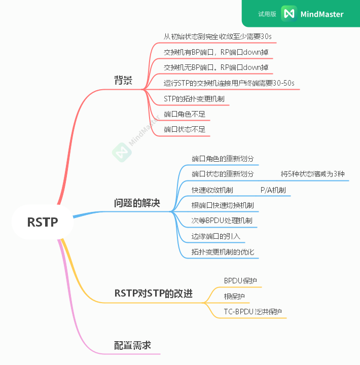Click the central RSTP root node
click(x=43, y=222)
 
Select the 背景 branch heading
click(x=123, y=81)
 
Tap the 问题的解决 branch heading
click(x=137, y=203)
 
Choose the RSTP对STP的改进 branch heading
click(x=154, y=293)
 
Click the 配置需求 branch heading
click(x=132, y=345)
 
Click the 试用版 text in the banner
click(x=267, y=14)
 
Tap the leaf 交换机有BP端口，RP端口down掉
click(x=216, y=52)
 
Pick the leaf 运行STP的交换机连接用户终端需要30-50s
click(x=229, y=83)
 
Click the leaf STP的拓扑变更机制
click(x=194, y=98)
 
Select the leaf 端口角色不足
click(x=185, y=114)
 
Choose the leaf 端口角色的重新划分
click(x=223, y=159)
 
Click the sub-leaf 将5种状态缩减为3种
click(x=312, y=174)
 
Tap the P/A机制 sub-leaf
click(x=273, y=190)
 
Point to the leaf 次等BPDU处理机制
click(x=222, y=221)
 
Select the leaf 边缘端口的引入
click(x=215, y=236)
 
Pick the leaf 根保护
click(x=234, y=296)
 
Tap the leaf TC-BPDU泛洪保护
click(x=253, y=312)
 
